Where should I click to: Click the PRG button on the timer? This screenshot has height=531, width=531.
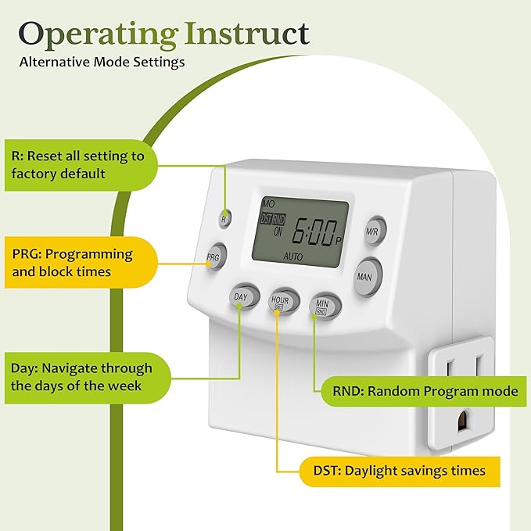coord(213,256)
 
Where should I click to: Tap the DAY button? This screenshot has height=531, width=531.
coord(241,298)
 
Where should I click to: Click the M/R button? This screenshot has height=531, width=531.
coord(373,231)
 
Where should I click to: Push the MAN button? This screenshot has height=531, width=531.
coord(365,277)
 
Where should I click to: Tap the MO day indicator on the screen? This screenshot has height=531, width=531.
coord(269,204)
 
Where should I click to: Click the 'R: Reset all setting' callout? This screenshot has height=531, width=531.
coord(78,164)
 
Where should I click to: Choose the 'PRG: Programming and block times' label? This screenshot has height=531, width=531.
coord(73,263)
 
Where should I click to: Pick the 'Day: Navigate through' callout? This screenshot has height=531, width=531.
coord(82,376)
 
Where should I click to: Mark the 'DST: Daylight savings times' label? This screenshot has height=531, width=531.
coord(393,471)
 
